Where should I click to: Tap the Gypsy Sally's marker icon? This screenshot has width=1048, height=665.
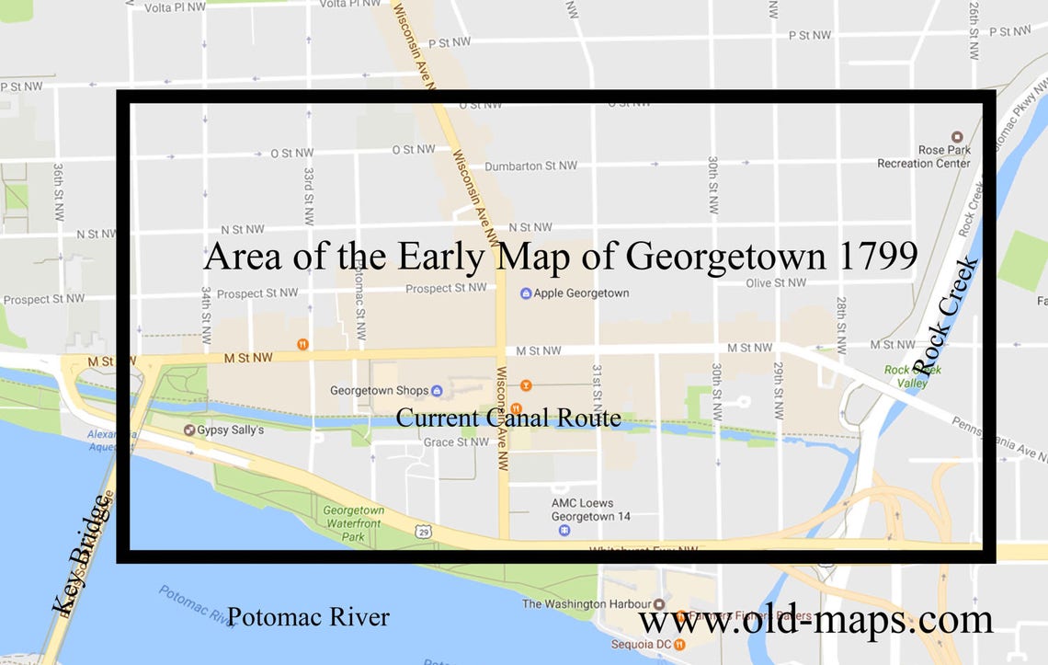coord(189,430)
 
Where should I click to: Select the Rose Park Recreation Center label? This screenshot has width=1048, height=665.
coord(924,156)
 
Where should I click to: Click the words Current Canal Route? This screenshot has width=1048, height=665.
coord(508,418)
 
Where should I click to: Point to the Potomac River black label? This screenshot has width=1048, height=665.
coord(308,616)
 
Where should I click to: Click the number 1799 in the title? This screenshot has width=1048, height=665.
coord(877,256)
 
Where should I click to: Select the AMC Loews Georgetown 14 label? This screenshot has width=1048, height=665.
coord(590,510)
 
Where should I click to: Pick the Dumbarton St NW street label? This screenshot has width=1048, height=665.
coord(530,166)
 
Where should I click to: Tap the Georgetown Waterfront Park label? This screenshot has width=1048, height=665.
coord(353,522)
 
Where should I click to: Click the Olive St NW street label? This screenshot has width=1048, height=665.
coord(771,283)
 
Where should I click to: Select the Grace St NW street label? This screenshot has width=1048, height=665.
coord(457,442)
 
